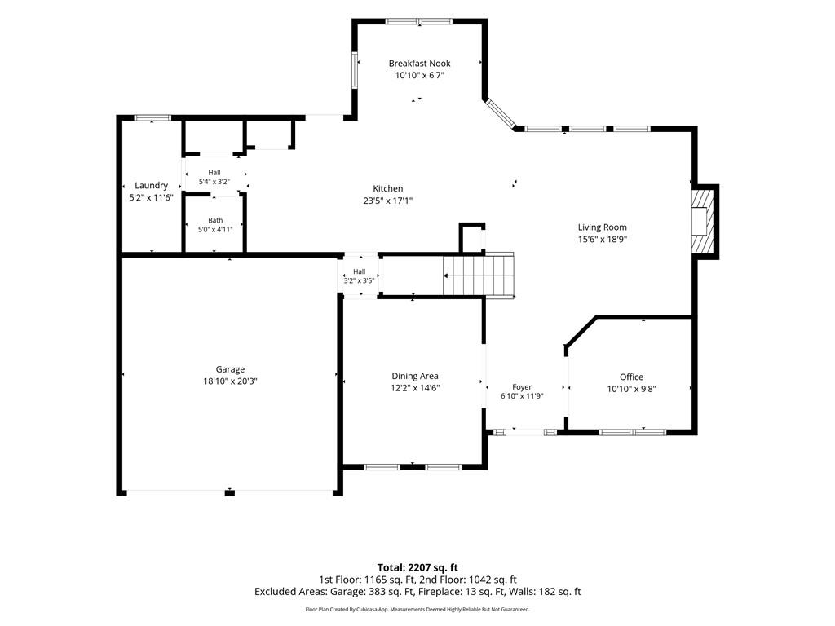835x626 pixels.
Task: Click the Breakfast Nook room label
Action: [419, 64]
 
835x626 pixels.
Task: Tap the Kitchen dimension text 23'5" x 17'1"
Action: [387, 201]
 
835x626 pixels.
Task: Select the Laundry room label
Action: [151, 186]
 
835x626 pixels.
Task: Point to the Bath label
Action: [215, 220]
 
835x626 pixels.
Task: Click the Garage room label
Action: [230, 369]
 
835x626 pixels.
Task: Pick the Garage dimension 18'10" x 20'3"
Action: [230, 381]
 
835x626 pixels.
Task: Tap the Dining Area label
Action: [415, 377]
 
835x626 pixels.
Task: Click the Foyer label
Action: [522, 387]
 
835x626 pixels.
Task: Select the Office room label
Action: [632, 377]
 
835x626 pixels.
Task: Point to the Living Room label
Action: [603, 227]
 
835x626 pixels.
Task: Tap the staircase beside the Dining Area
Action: [478, 276]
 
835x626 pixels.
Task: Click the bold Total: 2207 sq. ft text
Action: [417, 567]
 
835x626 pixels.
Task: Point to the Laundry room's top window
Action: [152, 117]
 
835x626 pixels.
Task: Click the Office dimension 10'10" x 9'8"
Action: [632, 389]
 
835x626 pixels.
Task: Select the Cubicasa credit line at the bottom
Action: [417, 609]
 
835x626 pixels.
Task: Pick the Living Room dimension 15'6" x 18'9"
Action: [603, 240]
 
